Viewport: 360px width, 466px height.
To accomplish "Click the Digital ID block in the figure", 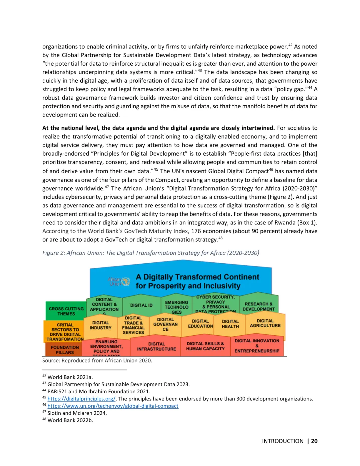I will click(x=141, y=305).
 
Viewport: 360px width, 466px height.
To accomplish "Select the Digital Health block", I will click(x=230, y=324).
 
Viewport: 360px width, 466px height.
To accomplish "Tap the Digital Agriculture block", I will click(x=265, y=323).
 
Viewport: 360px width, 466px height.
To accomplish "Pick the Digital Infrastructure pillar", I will click(x=156, y=346).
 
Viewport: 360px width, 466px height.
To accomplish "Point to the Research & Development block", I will click(x=259, y=306).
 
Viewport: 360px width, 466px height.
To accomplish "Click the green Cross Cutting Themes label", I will click(x=66, y=311).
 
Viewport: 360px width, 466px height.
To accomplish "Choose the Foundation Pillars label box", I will click(x=65, y=350).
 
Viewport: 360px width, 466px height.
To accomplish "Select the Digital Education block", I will click(x=200, y=324).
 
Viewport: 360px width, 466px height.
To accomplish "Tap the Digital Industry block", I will click(x=100, y=325).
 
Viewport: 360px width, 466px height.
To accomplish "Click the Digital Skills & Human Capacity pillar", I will click(x=205, y=346).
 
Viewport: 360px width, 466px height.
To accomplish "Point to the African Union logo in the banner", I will click(x=119, y=282).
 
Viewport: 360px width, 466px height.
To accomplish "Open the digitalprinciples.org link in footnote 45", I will click(x=81, y=399).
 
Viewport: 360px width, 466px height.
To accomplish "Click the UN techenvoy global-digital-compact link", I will click(x=113, y=406).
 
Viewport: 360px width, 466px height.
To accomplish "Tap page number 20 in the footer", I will click(x=314, y=441).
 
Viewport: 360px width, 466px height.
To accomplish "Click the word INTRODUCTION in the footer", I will click(x=283, y=441).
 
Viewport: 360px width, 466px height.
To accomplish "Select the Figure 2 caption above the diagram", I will click(x=151, y=253).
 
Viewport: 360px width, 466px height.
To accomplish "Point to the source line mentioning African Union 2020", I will click(x=97, y=360).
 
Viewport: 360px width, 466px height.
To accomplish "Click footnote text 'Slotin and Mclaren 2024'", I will click(x=77, y=413).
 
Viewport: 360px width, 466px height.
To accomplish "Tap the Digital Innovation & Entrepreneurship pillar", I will click(x=257, y=346).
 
